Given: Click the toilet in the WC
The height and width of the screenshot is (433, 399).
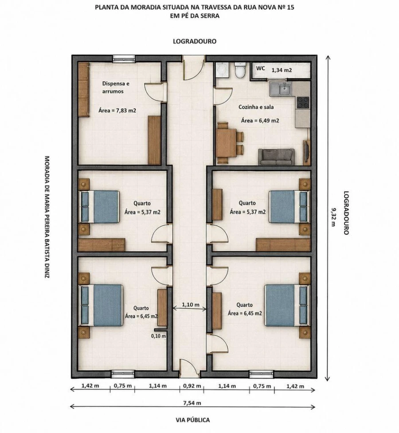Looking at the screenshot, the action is (240, 70).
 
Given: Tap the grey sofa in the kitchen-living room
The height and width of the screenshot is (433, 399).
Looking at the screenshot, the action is (276, 157).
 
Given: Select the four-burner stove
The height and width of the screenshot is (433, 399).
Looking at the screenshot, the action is (303, 102).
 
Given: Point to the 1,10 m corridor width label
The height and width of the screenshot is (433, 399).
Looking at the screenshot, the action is (190, 305).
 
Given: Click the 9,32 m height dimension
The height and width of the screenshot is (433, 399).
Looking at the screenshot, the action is (333, 217).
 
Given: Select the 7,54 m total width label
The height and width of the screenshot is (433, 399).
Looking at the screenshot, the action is (192, 403).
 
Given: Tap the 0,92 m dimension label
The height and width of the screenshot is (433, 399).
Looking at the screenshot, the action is (192, 386).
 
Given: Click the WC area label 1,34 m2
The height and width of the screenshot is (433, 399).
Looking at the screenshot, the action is (282, 70).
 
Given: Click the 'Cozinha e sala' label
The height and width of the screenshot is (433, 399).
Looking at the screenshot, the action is (256, 107).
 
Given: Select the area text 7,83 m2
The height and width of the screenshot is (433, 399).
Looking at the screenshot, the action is (126, 110).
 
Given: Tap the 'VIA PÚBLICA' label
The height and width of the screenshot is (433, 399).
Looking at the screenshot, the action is (192, 420).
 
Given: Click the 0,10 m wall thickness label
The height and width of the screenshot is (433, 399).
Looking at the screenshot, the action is (158, 336).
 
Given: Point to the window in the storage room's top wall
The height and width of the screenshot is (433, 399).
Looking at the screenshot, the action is (124, 58).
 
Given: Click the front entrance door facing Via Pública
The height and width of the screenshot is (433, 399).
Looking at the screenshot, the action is (189, 368).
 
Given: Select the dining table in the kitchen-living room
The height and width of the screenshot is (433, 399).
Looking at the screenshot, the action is (226, 143).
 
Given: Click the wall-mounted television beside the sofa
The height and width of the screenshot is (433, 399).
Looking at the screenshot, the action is (306, 153).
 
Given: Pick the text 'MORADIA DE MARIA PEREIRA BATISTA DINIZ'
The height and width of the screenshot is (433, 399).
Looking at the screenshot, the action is (47, 217).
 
